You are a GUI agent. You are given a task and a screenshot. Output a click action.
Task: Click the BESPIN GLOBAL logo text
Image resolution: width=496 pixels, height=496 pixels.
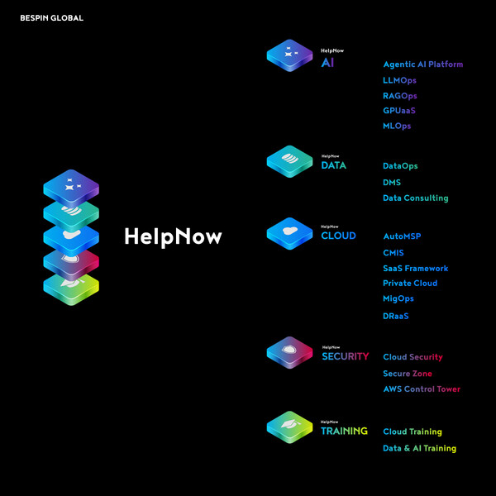(x=51, y=17)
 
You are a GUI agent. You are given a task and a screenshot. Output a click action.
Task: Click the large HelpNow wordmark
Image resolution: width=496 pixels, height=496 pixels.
(x=173, y=236)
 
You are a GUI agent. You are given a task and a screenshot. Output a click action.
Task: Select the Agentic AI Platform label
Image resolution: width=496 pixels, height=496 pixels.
(x=422, y=64)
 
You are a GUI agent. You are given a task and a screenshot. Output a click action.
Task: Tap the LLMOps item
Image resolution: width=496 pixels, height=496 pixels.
(x=399, y=80)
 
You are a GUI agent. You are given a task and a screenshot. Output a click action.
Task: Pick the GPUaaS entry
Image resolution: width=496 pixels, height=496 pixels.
(x=398, y=111)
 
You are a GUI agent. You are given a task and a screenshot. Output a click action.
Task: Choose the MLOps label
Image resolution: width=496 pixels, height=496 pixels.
(x=397, y=126)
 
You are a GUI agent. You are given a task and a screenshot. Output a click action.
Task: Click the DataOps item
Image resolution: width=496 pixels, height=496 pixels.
(x=400, y=166)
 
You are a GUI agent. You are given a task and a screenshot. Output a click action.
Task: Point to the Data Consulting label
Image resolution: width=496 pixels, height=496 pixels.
(x=415, y=198)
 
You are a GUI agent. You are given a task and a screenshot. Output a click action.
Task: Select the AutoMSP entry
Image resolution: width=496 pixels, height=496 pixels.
(x=402, y=236)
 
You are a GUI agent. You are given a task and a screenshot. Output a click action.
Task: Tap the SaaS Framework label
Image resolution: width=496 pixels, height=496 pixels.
(x=415, y=269)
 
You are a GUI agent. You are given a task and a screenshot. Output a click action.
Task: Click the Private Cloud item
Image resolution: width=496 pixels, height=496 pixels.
(x=410, y=284)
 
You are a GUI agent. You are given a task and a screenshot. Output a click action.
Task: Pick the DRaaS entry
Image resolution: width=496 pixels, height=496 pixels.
(x=396, y=316)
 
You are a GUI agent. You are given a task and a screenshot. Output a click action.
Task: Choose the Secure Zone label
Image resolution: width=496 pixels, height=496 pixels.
(x=408, y=374)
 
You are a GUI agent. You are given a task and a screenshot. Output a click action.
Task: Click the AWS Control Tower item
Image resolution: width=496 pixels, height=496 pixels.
(x=422, y=389)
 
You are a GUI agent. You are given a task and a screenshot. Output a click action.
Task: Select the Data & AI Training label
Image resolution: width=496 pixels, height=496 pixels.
(x=419, y=449)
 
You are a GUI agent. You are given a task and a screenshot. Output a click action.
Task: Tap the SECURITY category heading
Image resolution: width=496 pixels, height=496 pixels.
(x=346, y=356)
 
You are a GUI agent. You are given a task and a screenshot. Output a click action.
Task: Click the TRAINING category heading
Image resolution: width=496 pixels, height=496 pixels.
(x=344, y=431)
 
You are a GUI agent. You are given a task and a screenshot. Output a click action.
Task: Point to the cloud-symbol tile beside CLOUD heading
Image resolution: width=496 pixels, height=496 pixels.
(x=289, y=232)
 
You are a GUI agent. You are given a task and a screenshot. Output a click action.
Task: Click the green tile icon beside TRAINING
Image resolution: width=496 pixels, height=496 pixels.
(x=289, y=427)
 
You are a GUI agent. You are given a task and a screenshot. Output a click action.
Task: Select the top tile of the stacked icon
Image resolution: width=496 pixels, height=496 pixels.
(x=71, y=186)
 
